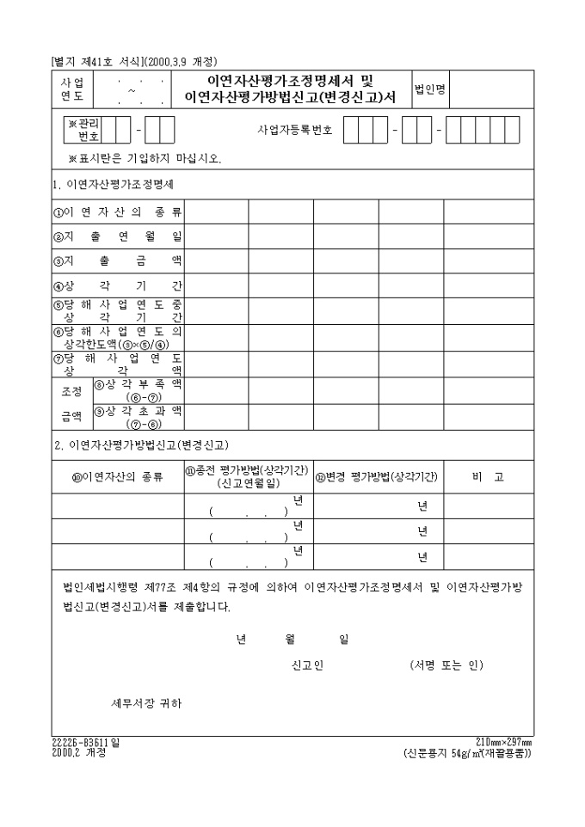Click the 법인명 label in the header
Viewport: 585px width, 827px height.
(430, 89)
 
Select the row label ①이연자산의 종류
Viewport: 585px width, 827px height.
(118, 211)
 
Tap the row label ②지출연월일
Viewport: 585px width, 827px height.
(118, 236)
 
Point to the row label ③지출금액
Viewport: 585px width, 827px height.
(118, 260)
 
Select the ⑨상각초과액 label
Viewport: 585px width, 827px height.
(138, 416)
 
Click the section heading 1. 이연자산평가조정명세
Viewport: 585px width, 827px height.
(114, 185)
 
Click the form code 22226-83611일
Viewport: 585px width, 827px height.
(86, 742)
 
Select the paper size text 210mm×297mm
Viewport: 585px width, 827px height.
(503, 742)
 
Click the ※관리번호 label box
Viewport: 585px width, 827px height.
(84, 130)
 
